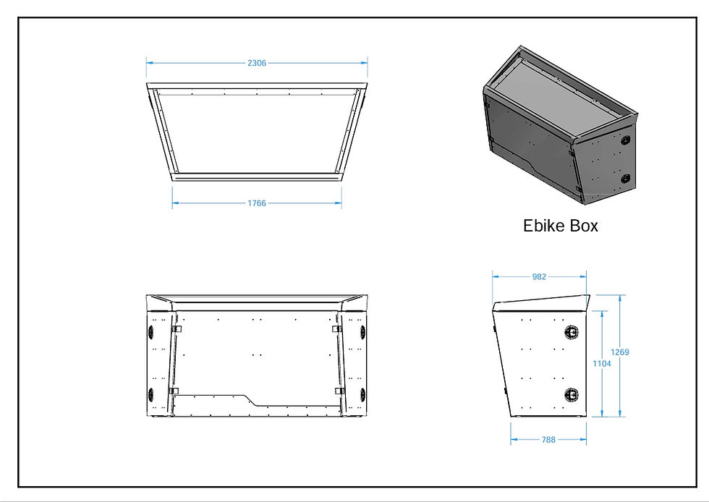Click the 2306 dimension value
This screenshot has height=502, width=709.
[257, 63]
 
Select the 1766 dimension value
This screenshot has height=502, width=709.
[257, 203]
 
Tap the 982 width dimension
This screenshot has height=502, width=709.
[539, 276]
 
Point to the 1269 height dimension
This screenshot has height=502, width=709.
[620, 352]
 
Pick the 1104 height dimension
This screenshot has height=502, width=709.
[601, 363]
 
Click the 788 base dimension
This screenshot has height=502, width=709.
[548, 438]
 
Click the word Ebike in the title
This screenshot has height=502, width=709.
[544, 226]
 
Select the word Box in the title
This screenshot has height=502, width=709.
[584, 226]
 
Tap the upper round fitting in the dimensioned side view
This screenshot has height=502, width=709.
[572, 332]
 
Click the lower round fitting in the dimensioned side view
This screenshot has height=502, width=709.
[572, 394]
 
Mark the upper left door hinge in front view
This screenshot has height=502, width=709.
[176, 329]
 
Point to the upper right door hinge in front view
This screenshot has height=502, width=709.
[336, 329]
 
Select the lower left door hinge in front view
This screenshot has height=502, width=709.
[174, 391]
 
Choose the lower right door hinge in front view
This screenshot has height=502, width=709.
[338, 391]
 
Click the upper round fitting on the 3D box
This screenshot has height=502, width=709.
[626, 140]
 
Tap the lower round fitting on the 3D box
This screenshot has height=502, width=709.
[626, 178]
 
